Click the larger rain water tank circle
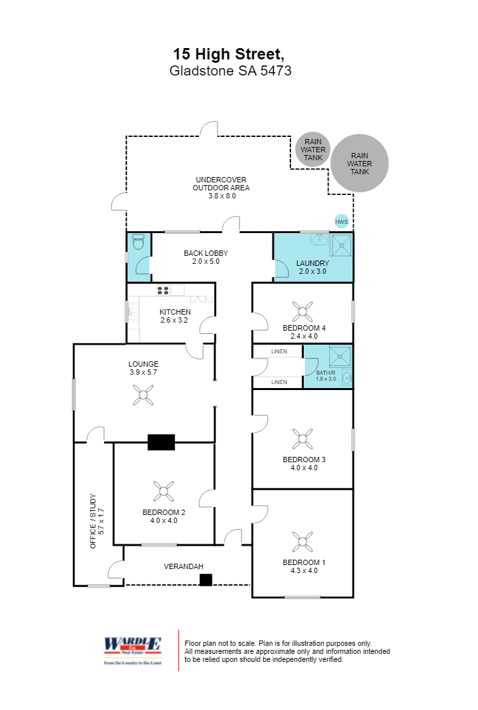(360, 163)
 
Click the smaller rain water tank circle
(312, 149)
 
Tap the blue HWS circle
(341, 221)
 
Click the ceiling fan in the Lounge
(142, 396)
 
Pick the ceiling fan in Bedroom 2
(164, 491)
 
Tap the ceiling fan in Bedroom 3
(302, 438)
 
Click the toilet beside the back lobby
(138, 241)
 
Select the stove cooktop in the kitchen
(163, 290)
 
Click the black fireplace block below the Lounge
(161, 441)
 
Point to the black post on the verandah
(206, 580)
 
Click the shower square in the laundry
(341, 244)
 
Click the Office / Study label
(97, 522)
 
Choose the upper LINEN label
(279, 351)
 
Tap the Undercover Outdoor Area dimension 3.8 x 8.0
(221, 196)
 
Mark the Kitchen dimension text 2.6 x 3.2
(175, 320)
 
